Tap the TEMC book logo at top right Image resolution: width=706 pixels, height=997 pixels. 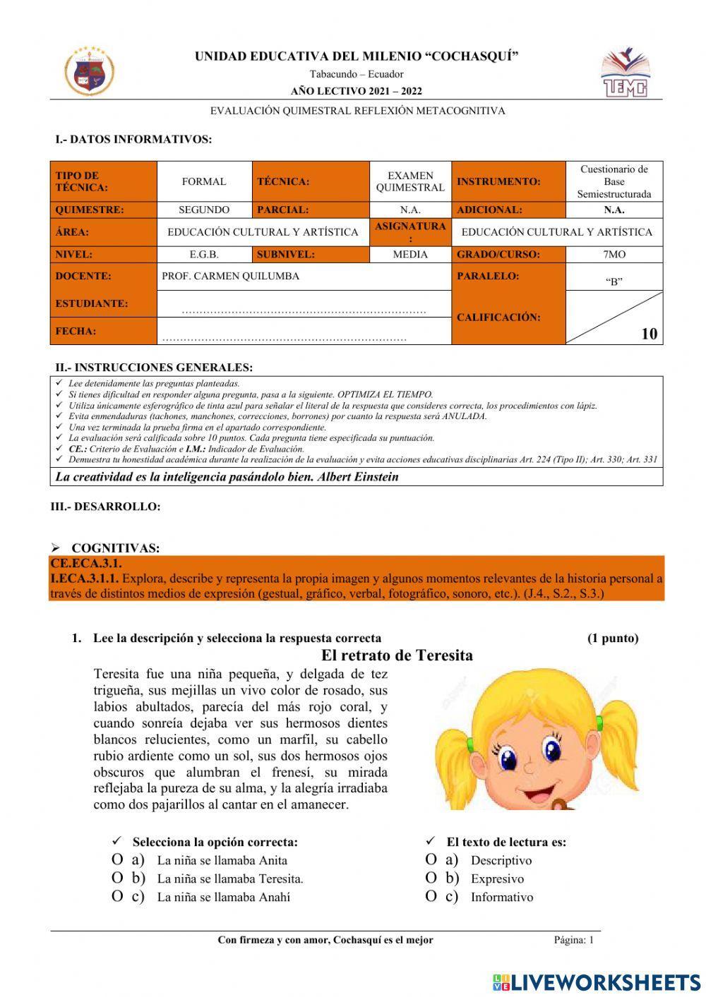(624, 73)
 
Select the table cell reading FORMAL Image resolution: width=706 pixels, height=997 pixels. (204, 181)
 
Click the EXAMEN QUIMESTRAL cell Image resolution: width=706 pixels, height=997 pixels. (410, 181)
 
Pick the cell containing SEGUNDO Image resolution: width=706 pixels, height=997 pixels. (204, 210)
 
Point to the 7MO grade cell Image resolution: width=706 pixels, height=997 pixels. (614, 254)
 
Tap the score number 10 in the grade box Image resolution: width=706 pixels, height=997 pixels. (649, 334)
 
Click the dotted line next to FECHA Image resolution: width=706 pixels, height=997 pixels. (285, 339)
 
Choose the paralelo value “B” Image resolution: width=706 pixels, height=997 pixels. (614, 281)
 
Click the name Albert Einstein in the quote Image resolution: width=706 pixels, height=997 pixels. (359, 477)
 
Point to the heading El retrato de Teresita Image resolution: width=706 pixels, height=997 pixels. (397, 655)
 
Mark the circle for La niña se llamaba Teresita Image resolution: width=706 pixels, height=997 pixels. (117, 878)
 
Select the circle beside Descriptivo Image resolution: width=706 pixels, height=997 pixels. (431, 860)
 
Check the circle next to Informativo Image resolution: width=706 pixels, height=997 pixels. (431, 897)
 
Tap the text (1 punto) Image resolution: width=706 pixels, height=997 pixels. (613, 638)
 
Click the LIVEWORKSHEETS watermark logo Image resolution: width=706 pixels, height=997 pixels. (597, 981)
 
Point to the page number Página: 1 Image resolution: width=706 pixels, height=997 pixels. (574, 940)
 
